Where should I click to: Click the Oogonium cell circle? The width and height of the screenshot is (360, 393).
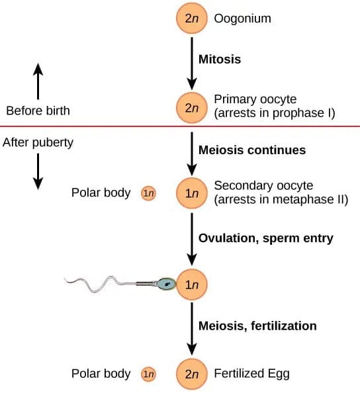pyautogui.click(x=191, y=19)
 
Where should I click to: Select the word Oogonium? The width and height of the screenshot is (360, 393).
pyautogui.click(x=242, y=19)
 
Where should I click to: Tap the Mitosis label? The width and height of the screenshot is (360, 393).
pyautogui.click(x=220, y=59)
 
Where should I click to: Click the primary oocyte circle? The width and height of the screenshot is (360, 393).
pyautogui.click(x=191, y=107)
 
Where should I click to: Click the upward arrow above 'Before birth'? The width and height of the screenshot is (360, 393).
pyautogui.click(x=38, y=81)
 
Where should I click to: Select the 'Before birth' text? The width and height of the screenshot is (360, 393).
pyautogui.click(x=37, y=110)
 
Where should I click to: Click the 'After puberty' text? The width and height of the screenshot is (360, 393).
pyautogui.click(x=38, y=142)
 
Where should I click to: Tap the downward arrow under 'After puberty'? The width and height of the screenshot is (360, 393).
pyautogui.click(x=38, y=171)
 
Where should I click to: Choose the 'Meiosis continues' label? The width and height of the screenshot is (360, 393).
pyautogui.click(x=252, y=150)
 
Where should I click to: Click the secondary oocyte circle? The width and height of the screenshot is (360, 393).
pyautogui.click(x=191, y=193)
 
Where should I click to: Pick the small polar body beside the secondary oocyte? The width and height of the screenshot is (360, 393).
pyautogui.click(x=148, y=193)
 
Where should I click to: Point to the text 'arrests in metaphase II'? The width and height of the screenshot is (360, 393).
pyautogui.click(x=281, y=199)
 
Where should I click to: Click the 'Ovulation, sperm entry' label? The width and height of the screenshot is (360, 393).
pyautogui.click(x=265, y=238)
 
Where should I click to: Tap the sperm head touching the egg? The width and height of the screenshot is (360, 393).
pyautogui.click(x=167, y=284)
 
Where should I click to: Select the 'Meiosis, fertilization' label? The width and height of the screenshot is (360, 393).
pyautogui.click(x=257, y=326)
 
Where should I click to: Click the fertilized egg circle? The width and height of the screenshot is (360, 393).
pyautogui.click(x=191, y=374)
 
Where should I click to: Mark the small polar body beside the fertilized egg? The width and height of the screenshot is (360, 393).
pyautogui.click(x=148, y=374)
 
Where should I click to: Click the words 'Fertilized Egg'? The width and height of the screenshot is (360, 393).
pyautogui.click(x=251, y=374)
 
